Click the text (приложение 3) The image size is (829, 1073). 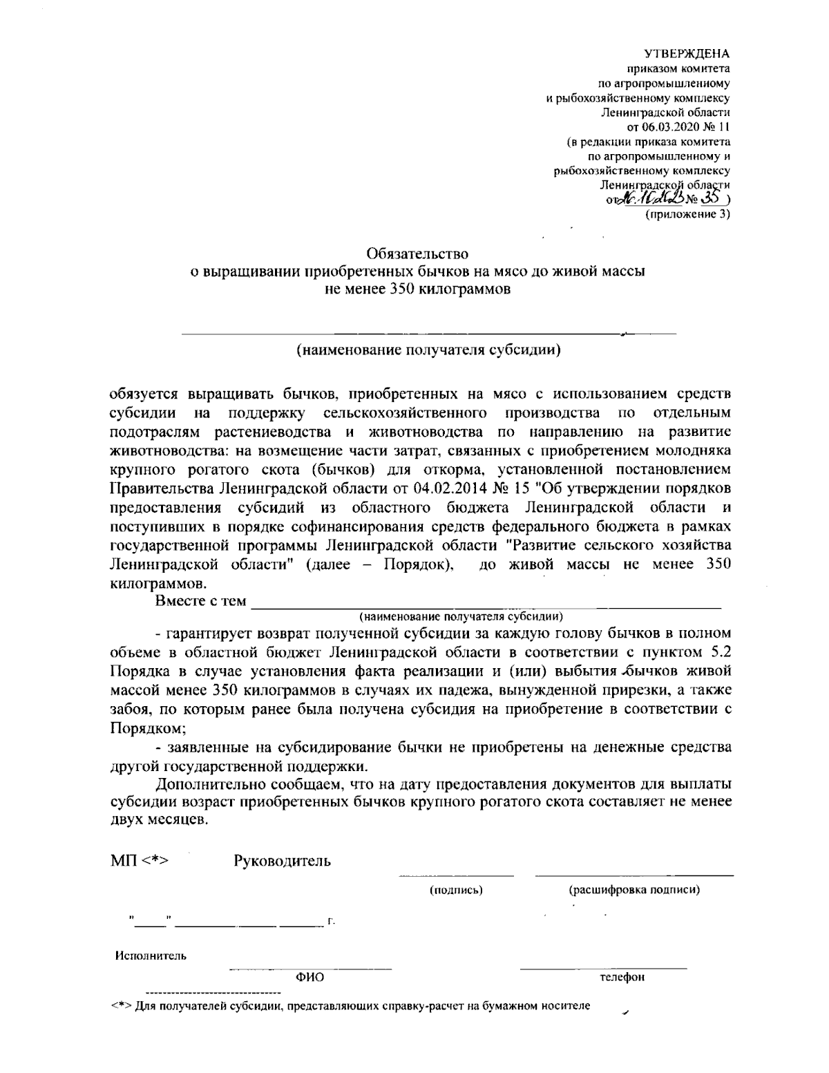[x=687, y=214]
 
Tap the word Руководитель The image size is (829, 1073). [x=283, y=861]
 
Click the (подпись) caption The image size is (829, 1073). [x=455, y=890]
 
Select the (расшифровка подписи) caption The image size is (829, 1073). [x=633, y=890]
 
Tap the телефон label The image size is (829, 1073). [x=622, y=977]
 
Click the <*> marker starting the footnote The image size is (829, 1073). [x=122, y=1005]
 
